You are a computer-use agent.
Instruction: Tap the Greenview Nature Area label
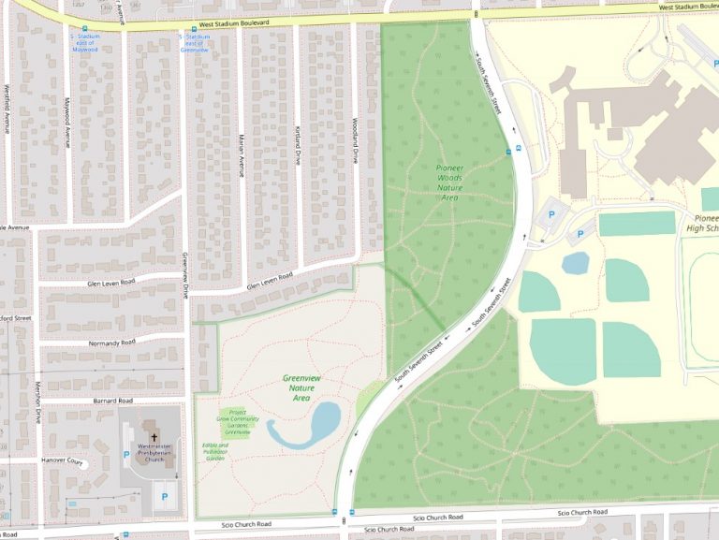[301, 387]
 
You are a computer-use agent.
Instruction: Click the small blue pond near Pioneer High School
[575, 263]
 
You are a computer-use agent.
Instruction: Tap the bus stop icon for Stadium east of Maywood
[86, 27]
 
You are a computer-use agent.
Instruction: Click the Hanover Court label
[62, 461]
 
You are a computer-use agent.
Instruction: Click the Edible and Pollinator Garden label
[215, 452]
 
